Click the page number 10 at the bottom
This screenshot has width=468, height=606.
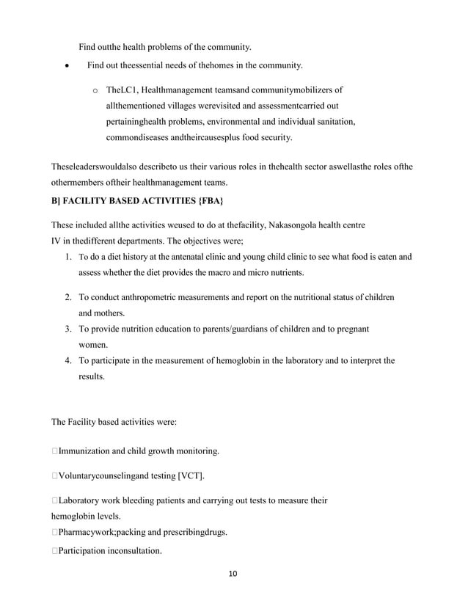click(x=234, y=574)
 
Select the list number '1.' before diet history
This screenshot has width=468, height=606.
click(x=67, y=257)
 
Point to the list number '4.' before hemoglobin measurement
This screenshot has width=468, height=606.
click(x=67, y=361)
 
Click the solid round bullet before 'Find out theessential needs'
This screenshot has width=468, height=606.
click(x=67, y=67)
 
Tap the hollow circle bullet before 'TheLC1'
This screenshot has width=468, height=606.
click(x=95, y=91)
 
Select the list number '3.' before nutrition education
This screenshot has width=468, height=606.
click(x=67, y=329)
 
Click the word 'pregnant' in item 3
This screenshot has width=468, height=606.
click(x=351, y=329)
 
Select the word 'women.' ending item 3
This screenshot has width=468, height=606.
click(x=94, y=344)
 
